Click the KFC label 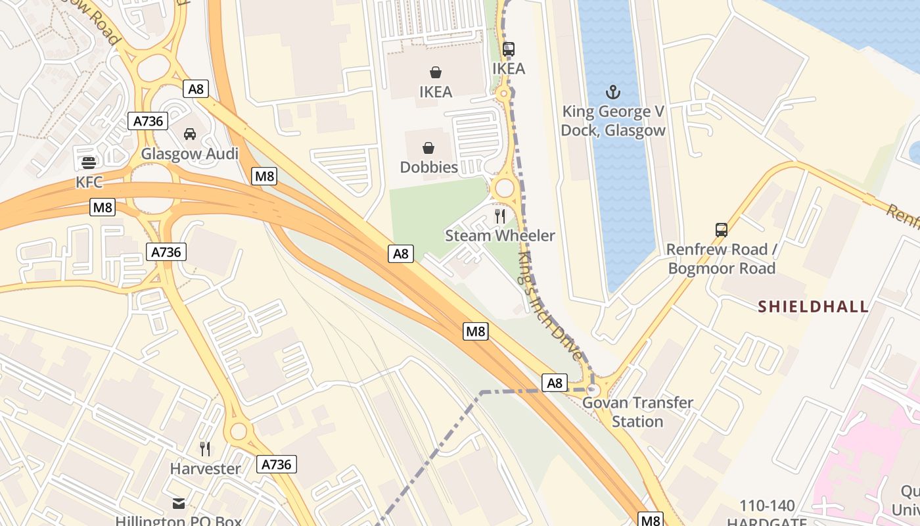click(x=89, y=181)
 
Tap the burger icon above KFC click(x=89, y=162)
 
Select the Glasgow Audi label click(x=189, y=154)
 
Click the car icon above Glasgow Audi click(x=189, y=134)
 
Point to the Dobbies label click(x=428, y=167)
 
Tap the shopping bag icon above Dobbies click(x=428, y=148)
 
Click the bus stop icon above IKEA click(x=508, y=49)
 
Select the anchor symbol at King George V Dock click(x=612, y=91)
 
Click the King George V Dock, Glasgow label click(x=612, y=121)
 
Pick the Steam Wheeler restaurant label click(x=499, y=235)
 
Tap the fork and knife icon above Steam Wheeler click(x=500, y=216)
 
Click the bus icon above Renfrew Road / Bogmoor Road click(x=721, y=230)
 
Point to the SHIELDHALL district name click(x=813, y=306)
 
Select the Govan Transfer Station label click(x=637, y=412)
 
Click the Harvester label click(x=205, y=469)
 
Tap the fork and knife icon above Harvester click(x=205, y=449)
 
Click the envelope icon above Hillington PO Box click(x=178, y=504)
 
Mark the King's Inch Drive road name click(x=549, y=305)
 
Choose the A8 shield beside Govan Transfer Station click(x=555, y=383)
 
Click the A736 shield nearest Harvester click(x=276, y=464)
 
